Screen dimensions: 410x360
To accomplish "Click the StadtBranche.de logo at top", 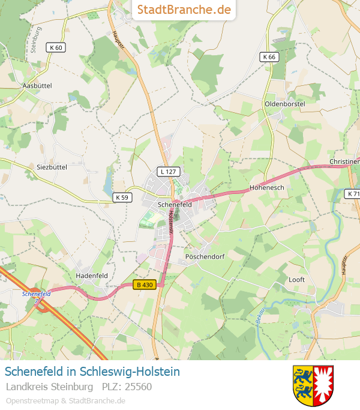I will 184,10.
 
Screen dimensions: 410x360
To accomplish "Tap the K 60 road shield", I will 56,47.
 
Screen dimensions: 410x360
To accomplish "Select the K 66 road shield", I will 269,57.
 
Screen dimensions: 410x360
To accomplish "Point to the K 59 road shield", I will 122,197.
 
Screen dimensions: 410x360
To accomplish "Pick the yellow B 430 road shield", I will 145,286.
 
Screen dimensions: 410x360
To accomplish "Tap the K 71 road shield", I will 353,194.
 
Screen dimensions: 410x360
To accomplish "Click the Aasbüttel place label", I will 37,86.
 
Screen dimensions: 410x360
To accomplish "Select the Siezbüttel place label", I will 52,167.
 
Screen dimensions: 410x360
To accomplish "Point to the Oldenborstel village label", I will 285,104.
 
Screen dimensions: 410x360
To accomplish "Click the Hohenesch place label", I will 266,187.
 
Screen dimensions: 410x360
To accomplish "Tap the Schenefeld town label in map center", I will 175,204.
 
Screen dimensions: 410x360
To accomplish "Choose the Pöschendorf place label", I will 205,256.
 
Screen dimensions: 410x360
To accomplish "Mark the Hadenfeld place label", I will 92,276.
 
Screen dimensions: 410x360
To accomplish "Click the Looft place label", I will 297,280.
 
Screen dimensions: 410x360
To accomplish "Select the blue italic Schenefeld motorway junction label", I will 36,294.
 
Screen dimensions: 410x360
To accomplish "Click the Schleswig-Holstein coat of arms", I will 313,385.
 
